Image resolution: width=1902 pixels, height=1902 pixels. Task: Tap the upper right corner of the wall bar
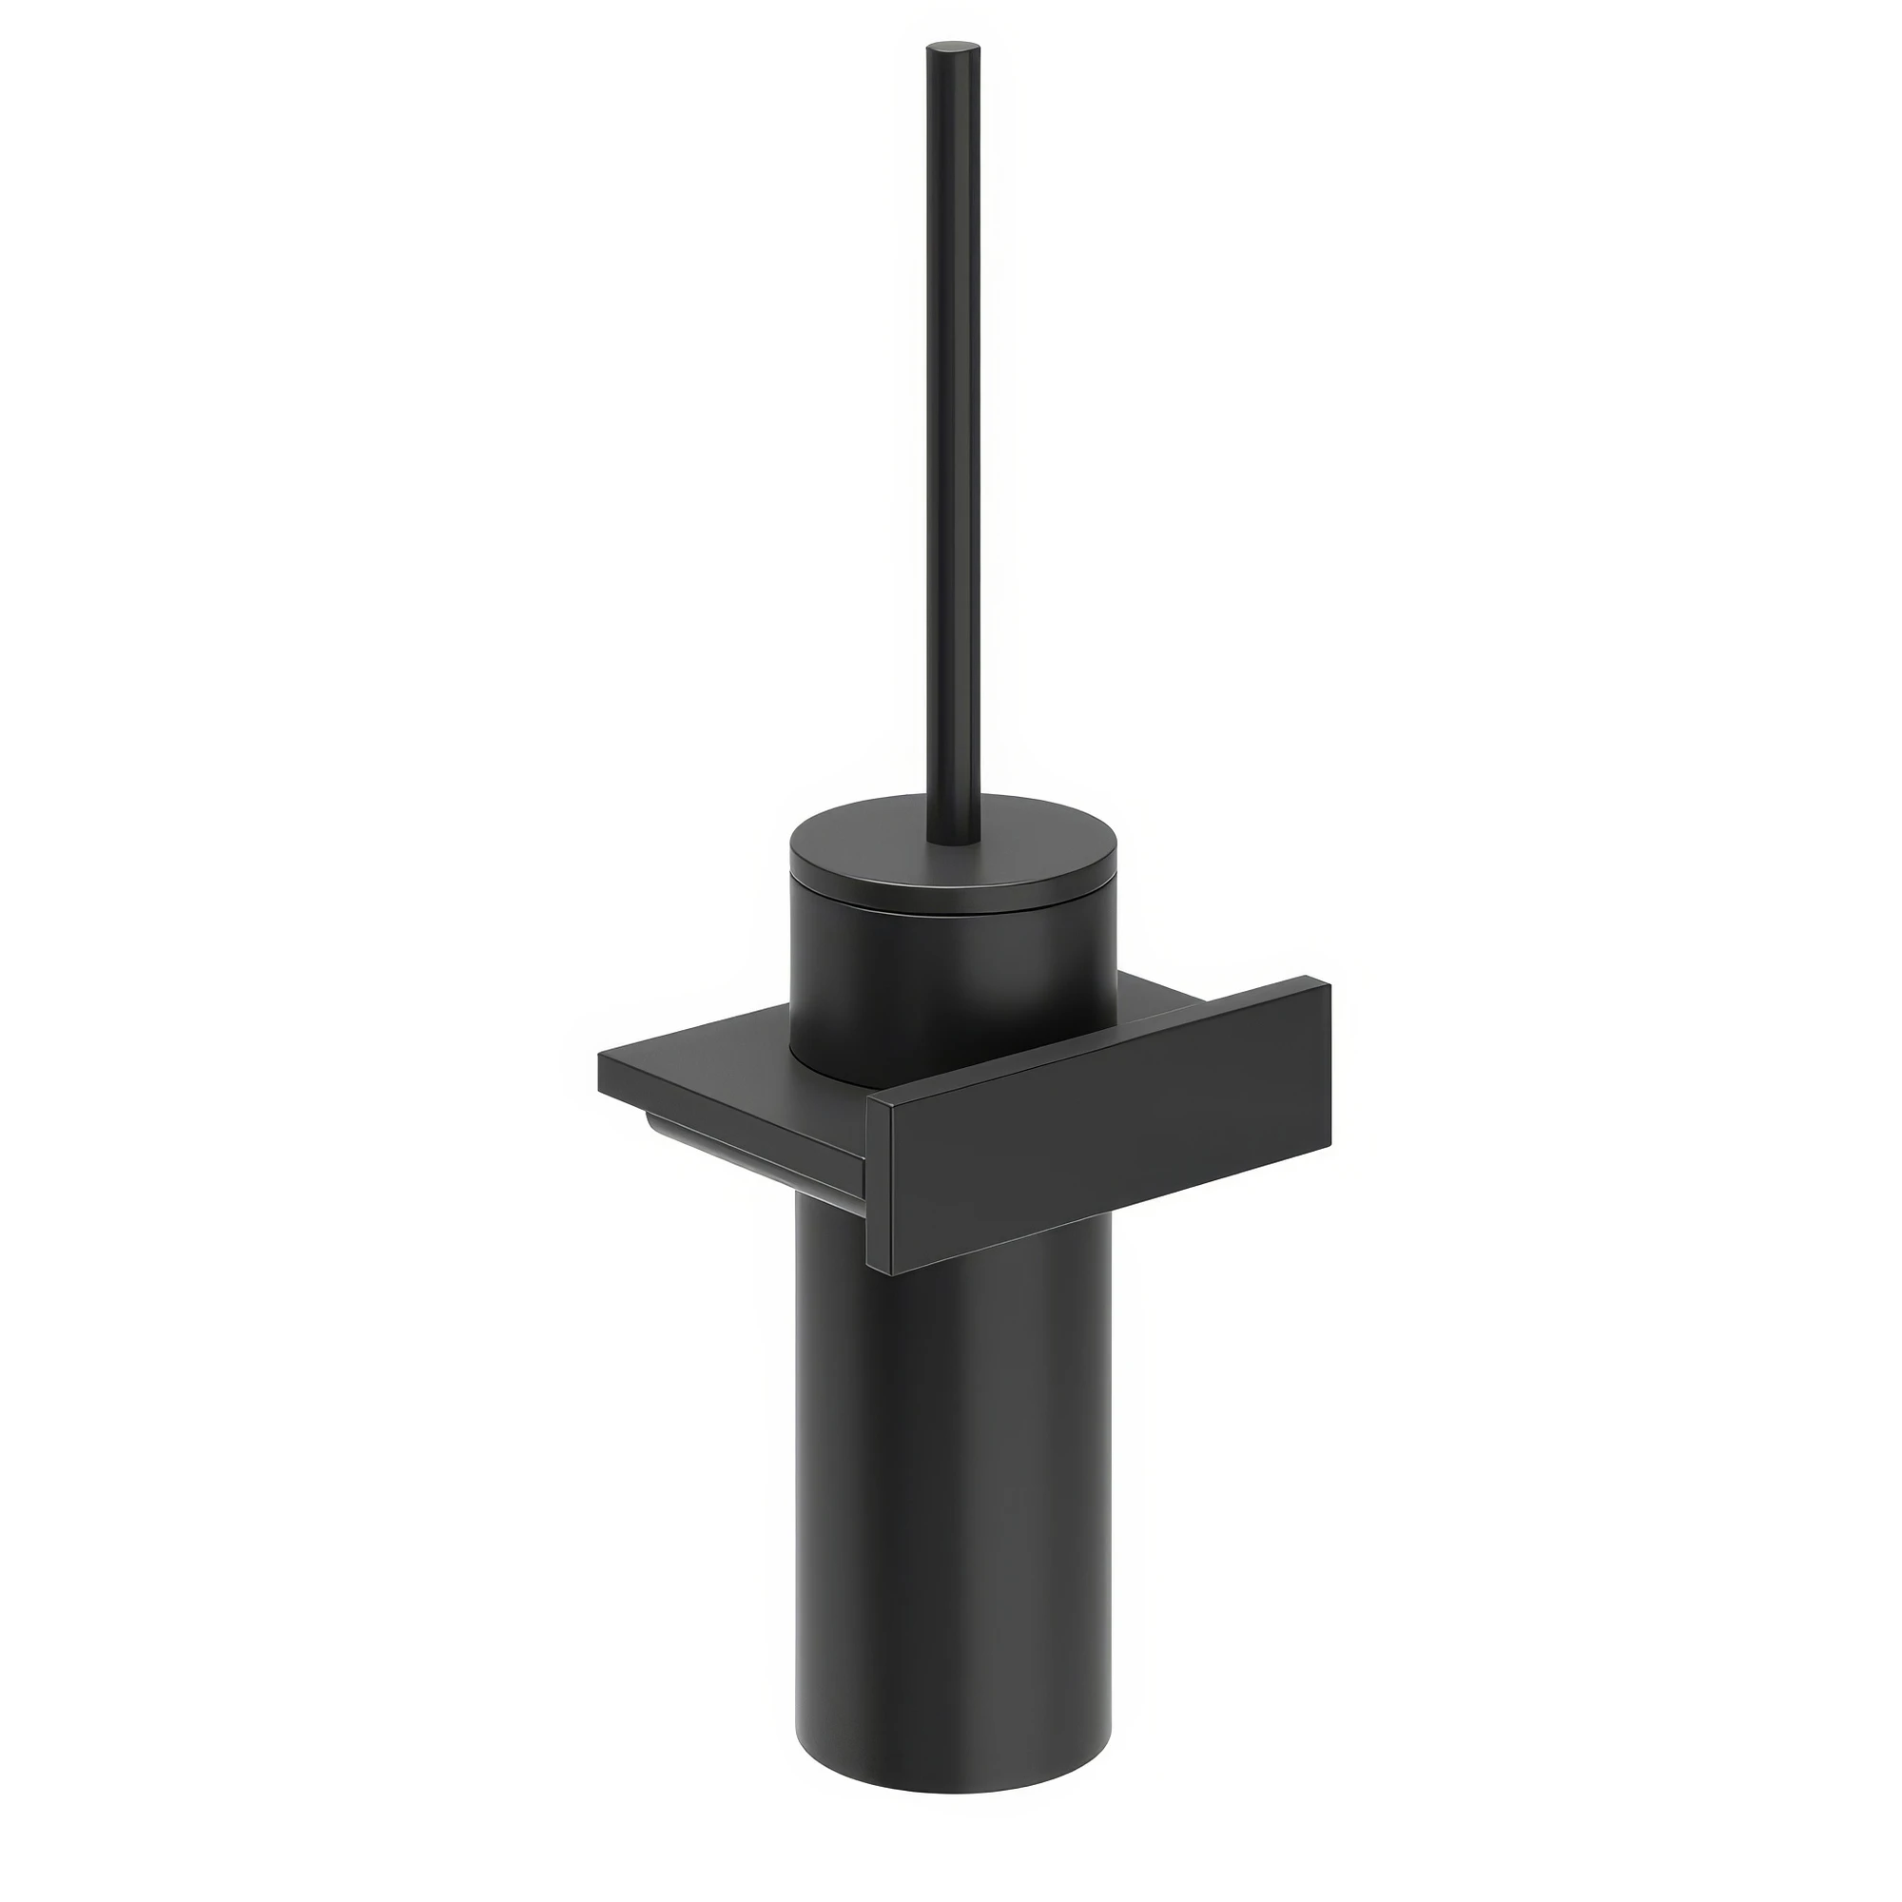tap(1329, 981)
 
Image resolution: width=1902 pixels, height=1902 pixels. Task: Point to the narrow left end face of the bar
tap(878, 1186)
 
